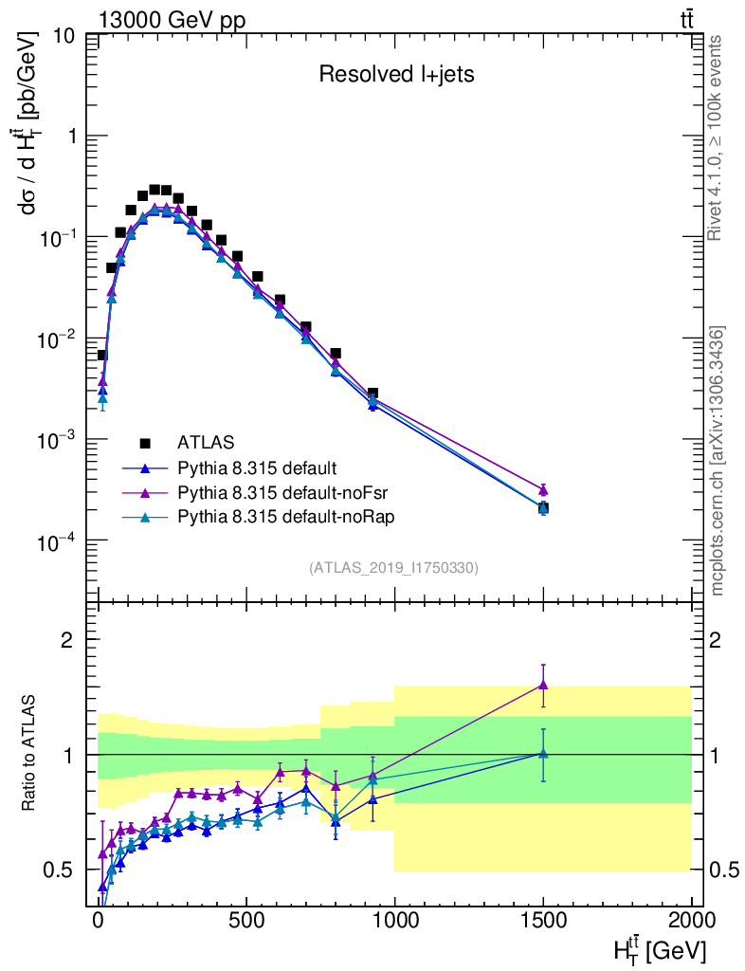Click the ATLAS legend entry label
coord(206,442)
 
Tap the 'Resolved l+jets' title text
coord(396,75)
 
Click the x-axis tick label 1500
coord(543,923)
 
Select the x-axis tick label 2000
coord(691,923)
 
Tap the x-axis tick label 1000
coord(394,923)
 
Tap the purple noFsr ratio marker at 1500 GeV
coord(543,685)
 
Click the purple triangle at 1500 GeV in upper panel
coord(543,490)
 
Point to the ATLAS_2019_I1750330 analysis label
coord(394,568)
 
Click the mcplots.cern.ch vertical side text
coord(718,461)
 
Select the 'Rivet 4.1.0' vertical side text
coord(718,137)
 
